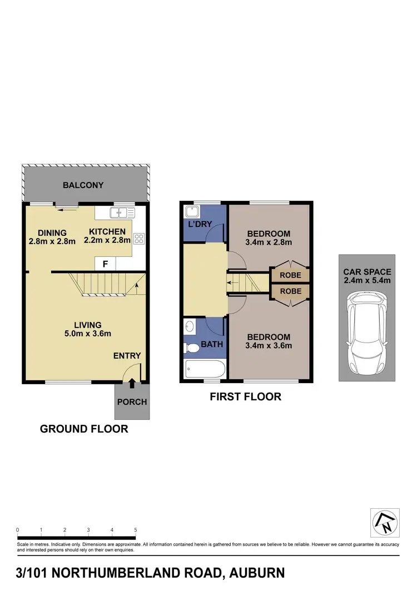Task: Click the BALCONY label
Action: click(x=83, y=185)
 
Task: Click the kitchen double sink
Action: click(x=122, y=212)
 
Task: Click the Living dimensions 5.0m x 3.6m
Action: click(x=87, y=334)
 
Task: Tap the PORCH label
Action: click(x=132, y=402)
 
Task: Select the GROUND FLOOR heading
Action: click(x=84, y=429)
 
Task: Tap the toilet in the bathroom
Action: click(x=192, y=348)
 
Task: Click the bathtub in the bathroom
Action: click(x=203, y=368)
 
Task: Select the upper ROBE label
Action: click(x=291, y=275)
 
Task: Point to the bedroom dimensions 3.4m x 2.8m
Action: click(x=269, y=242)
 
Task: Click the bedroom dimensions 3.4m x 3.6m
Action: click(x=269, y=345)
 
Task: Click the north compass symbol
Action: click(x=384, y=523)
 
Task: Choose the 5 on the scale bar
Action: click(x=136, y=530)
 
